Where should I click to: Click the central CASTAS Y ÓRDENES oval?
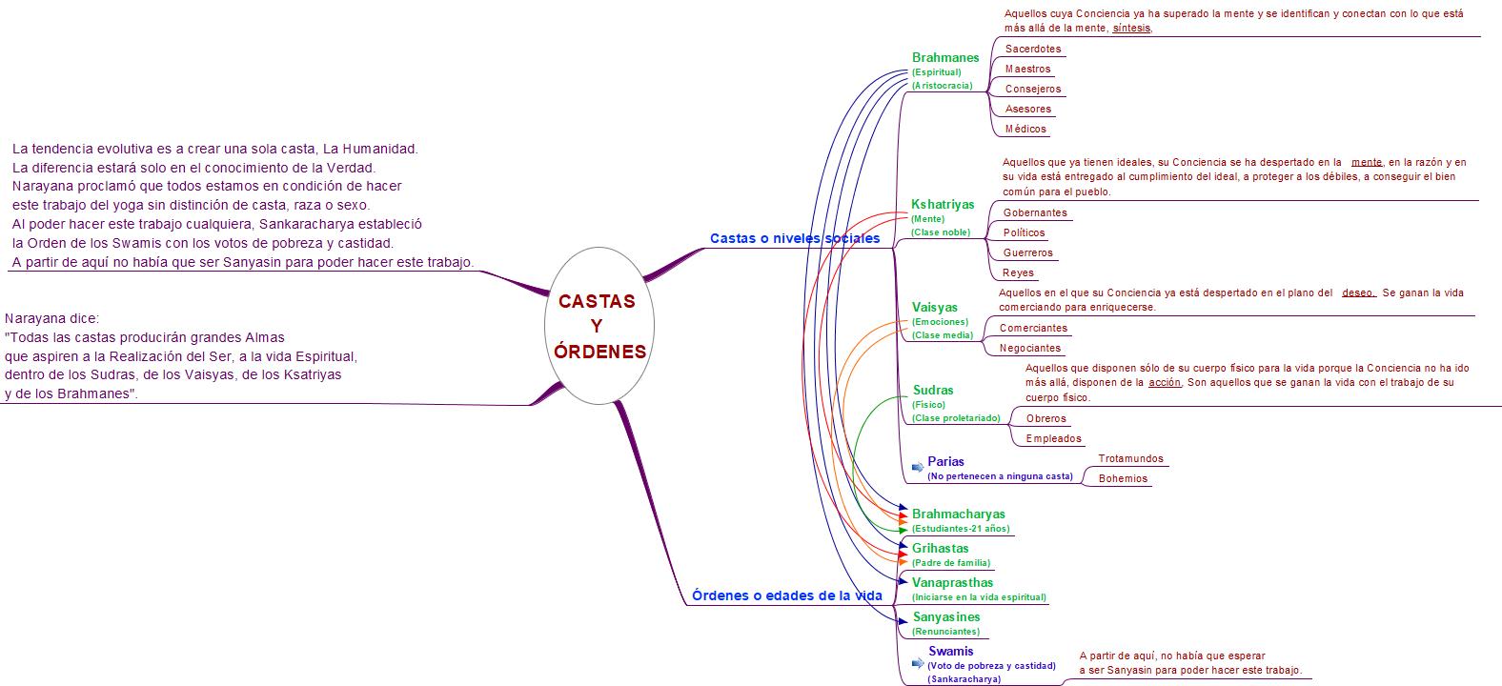(x=600, y=326)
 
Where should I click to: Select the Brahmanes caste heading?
(x=944, y=57)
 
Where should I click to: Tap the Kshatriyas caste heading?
(x=943, y=204)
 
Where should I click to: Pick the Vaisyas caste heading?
(x=934, y=307)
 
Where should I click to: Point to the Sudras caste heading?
(x=932, y=390)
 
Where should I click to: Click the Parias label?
(x=945, y=462)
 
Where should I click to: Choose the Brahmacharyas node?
(x=958, y=514)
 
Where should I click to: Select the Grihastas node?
(x=940, y=548)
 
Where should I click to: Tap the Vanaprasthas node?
(x=952, y=582)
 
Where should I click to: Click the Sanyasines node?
(x=945, y=616)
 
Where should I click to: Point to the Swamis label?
(x=951, y=652)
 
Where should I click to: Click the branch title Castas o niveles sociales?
(x=795, y=238)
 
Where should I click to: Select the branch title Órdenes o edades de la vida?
(x=786, y=595)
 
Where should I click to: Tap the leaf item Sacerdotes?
(x=1032, y=49)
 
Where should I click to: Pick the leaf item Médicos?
(x=1025, y=129)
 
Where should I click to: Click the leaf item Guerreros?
(x=1027, y=252)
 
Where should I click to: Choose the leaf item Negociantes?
(x=1029, y=348)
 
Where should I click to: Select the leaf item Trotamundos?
(x=1130, y=458)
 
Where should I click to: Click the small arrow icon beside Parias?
(x=917, y=467)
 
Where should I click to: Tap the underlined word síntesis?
(x=1132, y=28)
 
